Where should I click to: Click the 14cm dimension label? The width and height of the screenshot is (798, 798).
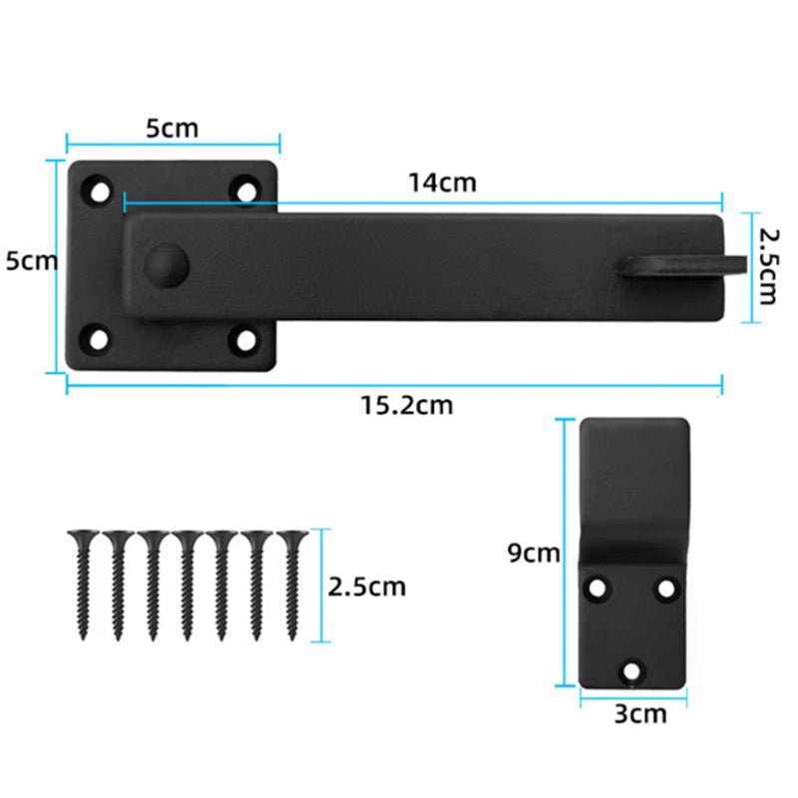coord(442,183)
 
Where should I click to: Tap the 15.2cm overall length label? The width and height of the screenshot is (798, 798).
coord(407,406)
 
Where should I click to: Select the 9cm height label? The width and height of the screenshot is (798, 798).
coord(534,553)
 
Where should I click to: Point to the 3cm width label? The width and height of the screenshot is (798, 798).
coord(640,714)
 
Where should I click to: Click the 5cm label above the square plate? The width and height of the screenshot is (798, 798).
coord(172,129)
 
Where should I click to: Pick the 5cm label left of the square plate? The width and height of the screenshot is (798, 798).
coord(32,260)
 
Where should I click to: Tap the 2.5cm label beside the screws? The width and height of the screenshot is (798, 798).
coord(366,587)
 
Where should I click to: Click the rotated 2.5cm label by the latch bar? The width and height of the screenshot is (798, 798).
coord(768,266)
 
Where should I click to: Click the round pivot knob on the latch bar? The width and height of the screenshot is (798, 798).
coord(167,265)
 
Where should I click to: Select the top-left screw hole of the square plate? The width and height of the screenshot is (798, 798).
coord(99,193)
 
